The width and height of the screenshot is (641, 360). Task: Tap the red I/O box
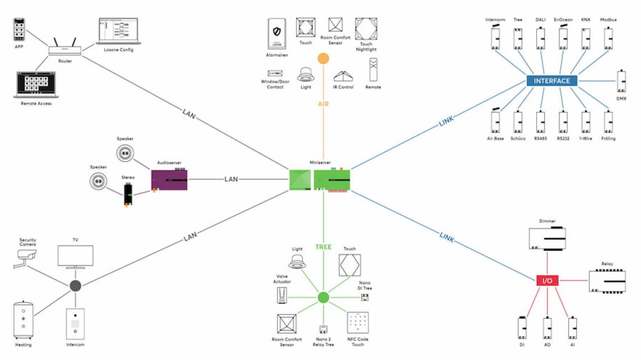(x=547, y=280)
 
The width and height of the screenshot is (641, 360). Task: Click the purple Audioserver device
(x=169, y=179)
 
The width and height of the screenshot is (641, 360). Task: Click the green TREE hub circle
(x=323, y=298)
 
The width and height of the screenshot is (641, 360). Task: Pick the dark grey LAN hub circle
(x=75, y=286)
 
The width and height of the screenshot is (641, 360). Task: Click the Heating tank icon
(x=24, y=320)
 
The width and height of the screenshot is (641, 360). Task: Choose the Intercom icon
(x=75, y=323)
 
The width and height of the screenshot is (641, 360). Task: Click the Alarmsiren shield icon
(x=277, y=34)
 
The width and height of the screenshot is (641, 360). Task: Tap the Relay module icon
(x=607, y=281)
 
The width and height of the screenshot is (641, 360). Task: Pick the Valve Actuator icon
(x=282, y=296)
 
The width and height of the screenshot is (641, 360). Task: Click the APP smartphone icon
(x=19, y=29)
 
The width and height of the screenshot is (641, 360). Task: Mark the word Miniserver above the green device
(x=319, y=163)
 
